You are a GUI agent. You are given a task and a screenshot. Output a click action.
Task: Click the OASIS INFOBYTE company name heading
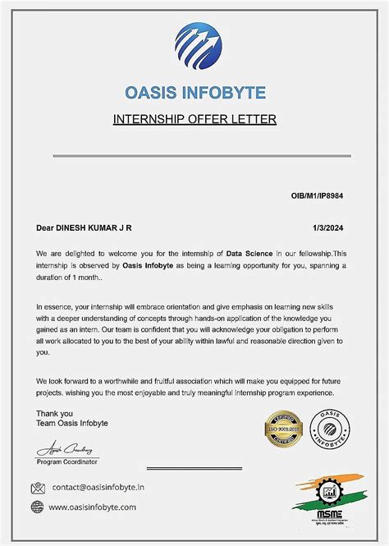194,92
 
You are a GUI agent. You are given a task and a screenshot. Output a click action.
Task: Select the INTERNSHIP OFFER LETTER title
194,119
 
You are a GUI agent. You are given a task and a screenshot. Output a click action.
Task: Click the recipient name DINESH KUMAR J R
97,227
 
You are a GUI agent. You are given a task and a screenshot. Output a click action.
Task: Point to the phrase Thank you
54,413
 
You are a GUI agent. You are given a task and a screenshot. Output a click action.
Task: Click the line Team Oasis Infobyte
72,424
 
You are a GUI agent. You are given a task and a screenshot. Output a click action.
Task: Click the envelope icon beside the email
38,488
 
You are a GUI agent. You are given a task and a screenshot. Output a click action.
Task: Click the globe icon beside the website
38,507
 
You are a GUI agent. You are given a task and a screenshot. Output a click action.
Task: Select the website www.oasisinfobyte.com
93,507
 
